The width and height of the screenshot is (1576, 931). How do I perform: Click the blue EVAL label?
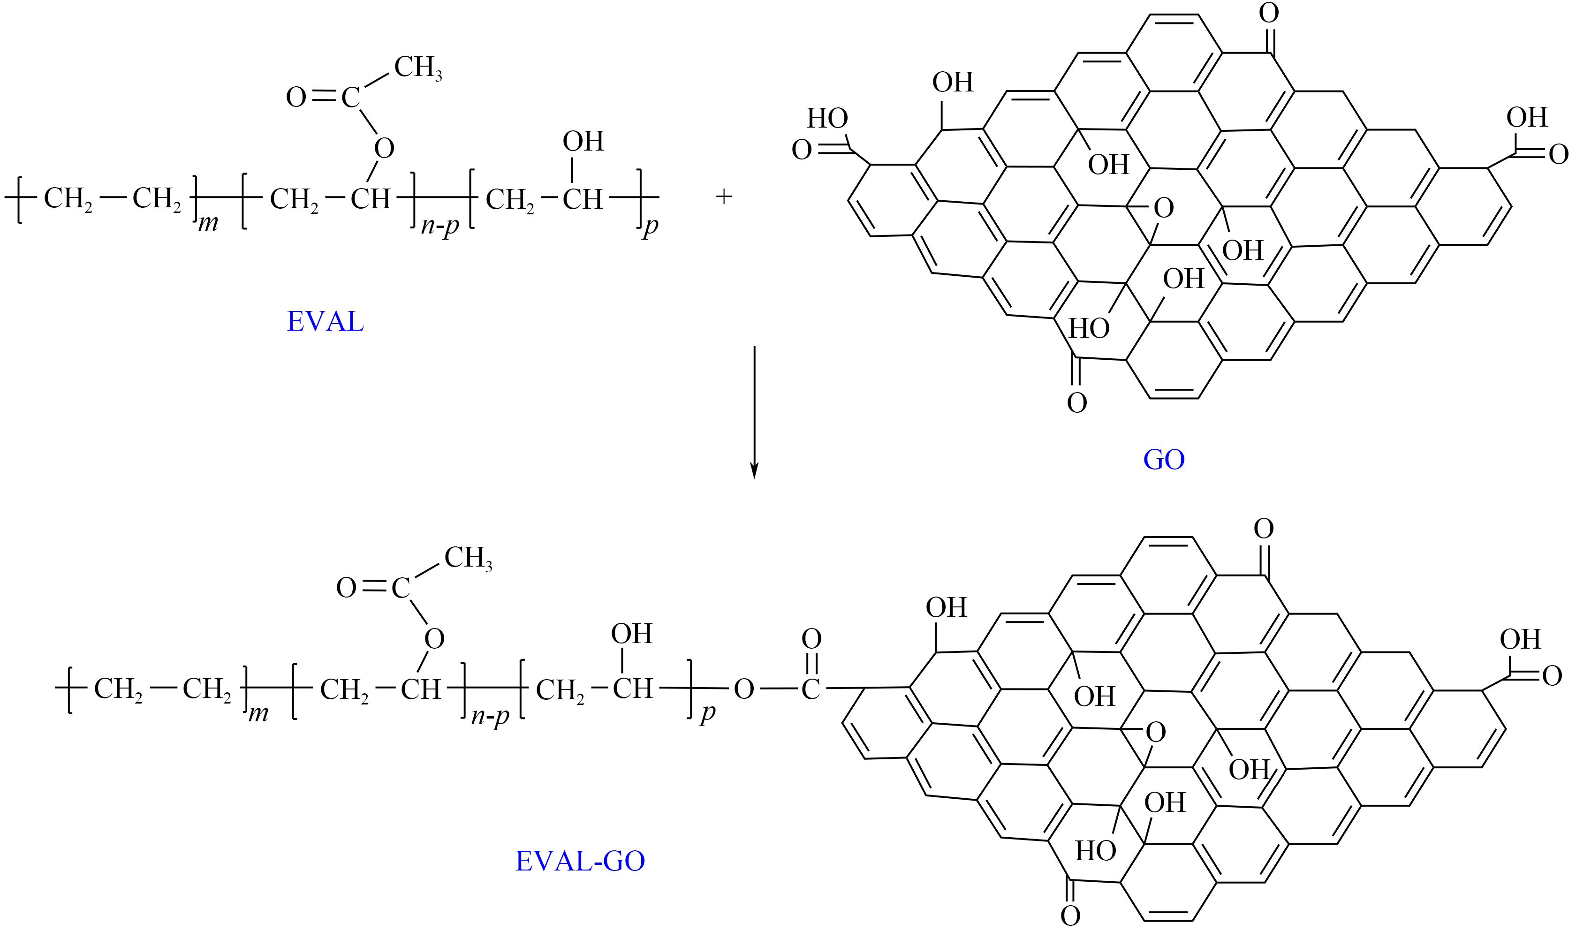click(325, 322)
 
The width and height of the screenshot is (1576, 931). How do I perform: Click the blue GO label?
click(1164, 459)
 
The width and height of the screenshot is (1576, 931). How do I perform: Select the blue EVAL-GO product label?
click(580, 861)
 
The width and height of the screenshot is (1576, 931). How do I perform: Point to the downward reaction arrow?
click(754, 411)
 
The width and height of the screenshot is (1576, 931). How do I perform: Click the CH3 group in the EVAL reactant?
click(417, 68)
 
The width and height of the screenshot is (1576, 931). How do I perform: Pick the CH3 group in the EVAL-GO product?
click(467, 558)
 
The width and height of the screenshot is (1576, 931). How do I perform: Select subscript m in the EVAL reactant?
click(208, 223)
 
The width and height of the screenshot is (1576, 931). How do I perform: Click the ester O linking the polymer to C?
click(743, 689)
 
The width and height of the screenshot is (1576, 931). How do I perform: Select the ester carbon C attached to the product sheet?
click(810, 689)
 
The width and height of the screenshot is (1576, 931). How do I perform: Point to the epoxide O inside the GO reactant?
click(1163, 208)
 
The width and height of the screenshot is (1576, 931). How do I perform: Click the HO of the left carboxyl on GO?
click(827, 118)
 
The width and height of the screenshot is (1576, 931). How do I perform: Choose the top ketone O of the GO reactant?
click(1269, 13)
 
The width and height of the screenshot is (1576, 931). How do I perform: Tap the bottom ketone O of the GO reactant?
click(1076, 403)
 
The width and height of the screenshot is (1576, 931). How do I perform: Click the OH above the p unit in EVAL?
click(583, 142)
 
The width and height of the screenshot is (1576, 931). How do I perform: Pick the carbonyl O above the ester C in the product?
click(811, 639)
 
